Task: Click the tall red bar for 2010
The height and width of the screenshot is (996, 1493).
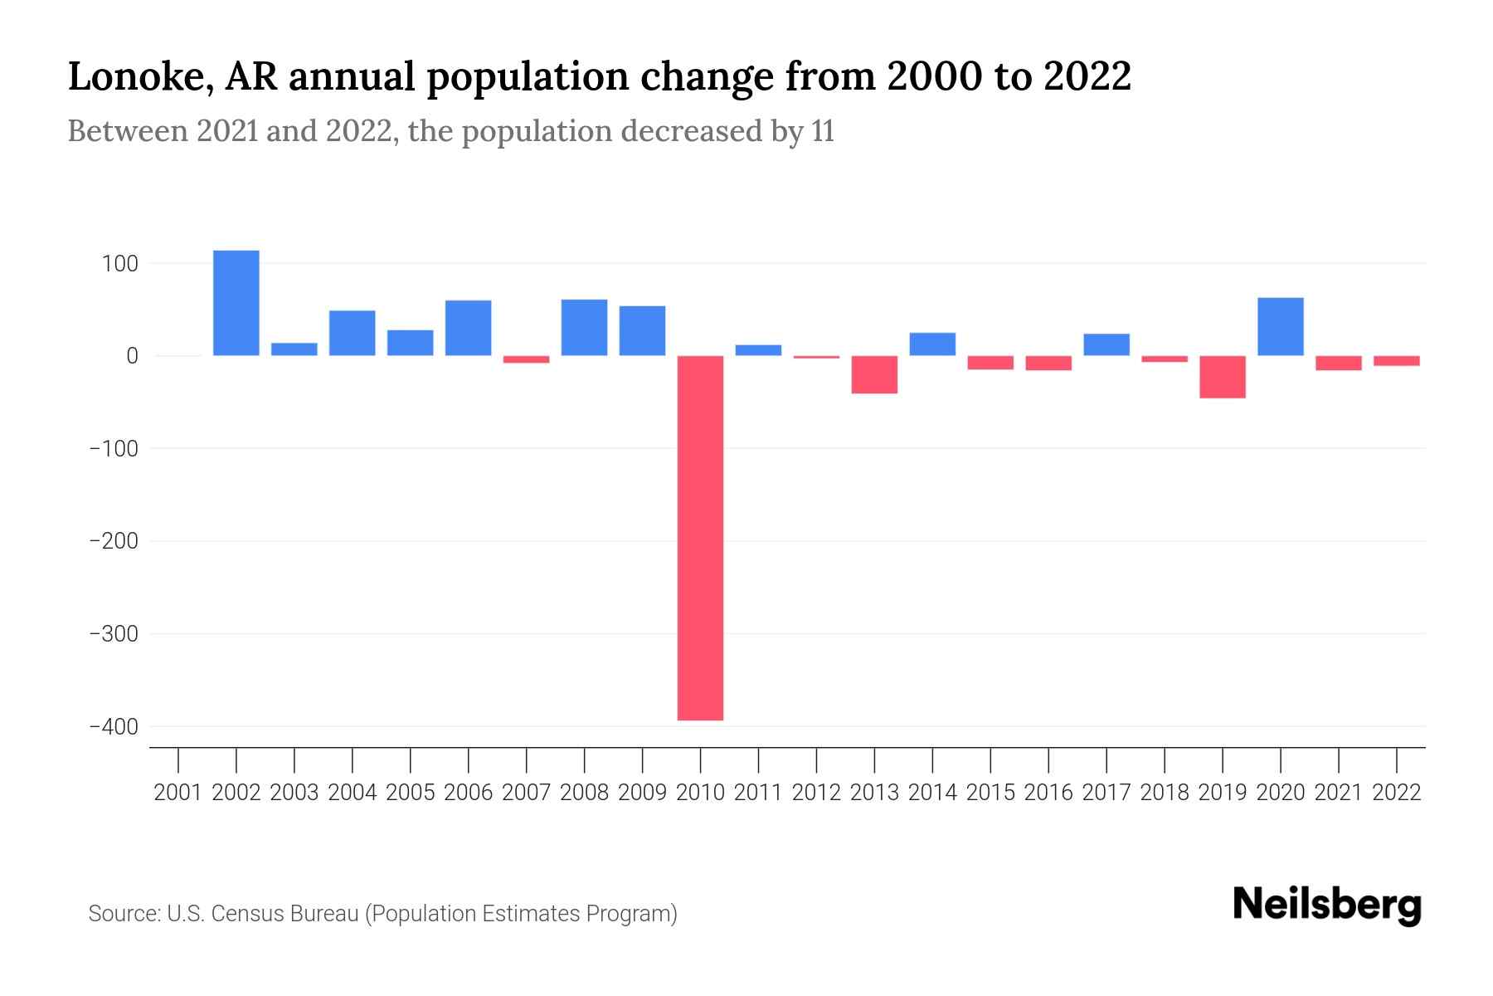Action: [x=700, y=538]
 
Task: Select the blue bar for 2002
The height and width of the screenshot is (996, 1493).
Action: [x=236, y=303]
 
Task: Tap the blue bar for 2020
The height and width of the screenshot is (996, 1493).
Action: [x=1280, y=327]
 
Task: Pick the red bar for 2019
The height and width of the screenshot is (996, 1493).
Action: [x=1222, y=377]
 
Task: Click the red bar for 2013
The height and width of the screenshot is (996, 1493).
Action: [x=874, y=374]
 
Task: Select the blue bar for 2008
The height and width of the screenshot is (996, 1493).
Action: [x=584, y=328]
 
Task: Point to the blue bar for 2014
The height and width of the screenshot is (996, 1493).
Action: [x=932, y=344]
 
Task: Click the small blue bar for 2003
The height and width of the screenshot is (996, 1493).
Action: [x=294, y=349]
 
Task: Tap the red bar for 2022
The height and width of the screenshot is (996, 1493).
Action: [x=1396, y=361]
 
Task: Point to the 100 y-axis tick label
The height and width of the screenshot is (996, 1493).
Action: [x=119, y=264]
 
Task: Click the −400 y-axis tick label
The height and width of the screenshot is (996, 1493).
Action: [x=113, y=727]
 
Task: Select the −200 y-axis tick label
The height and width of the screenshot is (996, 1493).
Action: [x=113, y=541]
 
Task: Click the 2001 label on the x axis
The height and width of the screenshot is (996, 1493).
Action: [x=178, y=793]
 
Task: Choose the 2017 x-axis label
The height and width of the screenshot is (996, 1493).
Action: [x=1106, y=793]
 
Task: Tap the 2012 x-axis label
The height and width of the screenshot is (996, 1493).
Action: [x=816, y=793]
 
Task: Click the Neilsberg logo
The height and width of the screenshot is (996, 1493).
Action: [x=1327, y=905]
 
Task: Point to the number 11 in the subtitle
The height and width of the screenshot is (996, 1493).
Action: [x=823, y=131]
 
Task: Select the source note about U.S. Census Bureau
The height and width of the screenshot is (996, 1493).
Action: [x=382, y=914]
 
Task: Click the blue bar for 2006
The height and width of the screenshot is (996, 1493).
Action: [x=468, y=328]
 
